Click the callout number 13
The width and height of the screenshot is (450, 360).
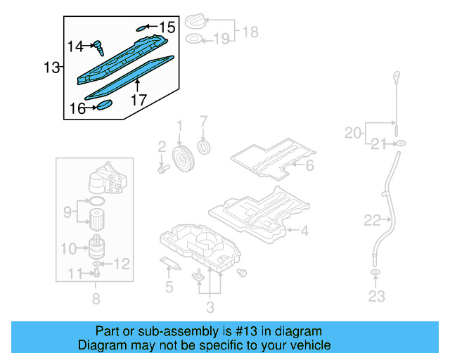point(51,67)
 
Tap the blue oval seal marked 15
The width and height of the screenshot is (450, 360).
point(143,27)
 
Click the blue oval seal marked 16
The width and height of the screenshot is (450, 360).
point(104,105)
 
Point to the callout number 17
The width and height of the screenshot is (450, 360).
point(139,100)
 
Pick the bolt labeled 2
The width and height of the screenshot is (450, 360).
point(164,168)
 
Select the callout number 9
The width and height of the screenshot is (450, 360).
point(67,210)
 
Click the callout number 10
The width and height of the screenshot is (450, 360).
point(68,248)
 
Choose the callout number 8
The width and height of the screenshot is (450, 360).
point(96,299)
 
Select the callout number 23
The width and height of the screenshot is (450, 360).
point(376,296)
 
